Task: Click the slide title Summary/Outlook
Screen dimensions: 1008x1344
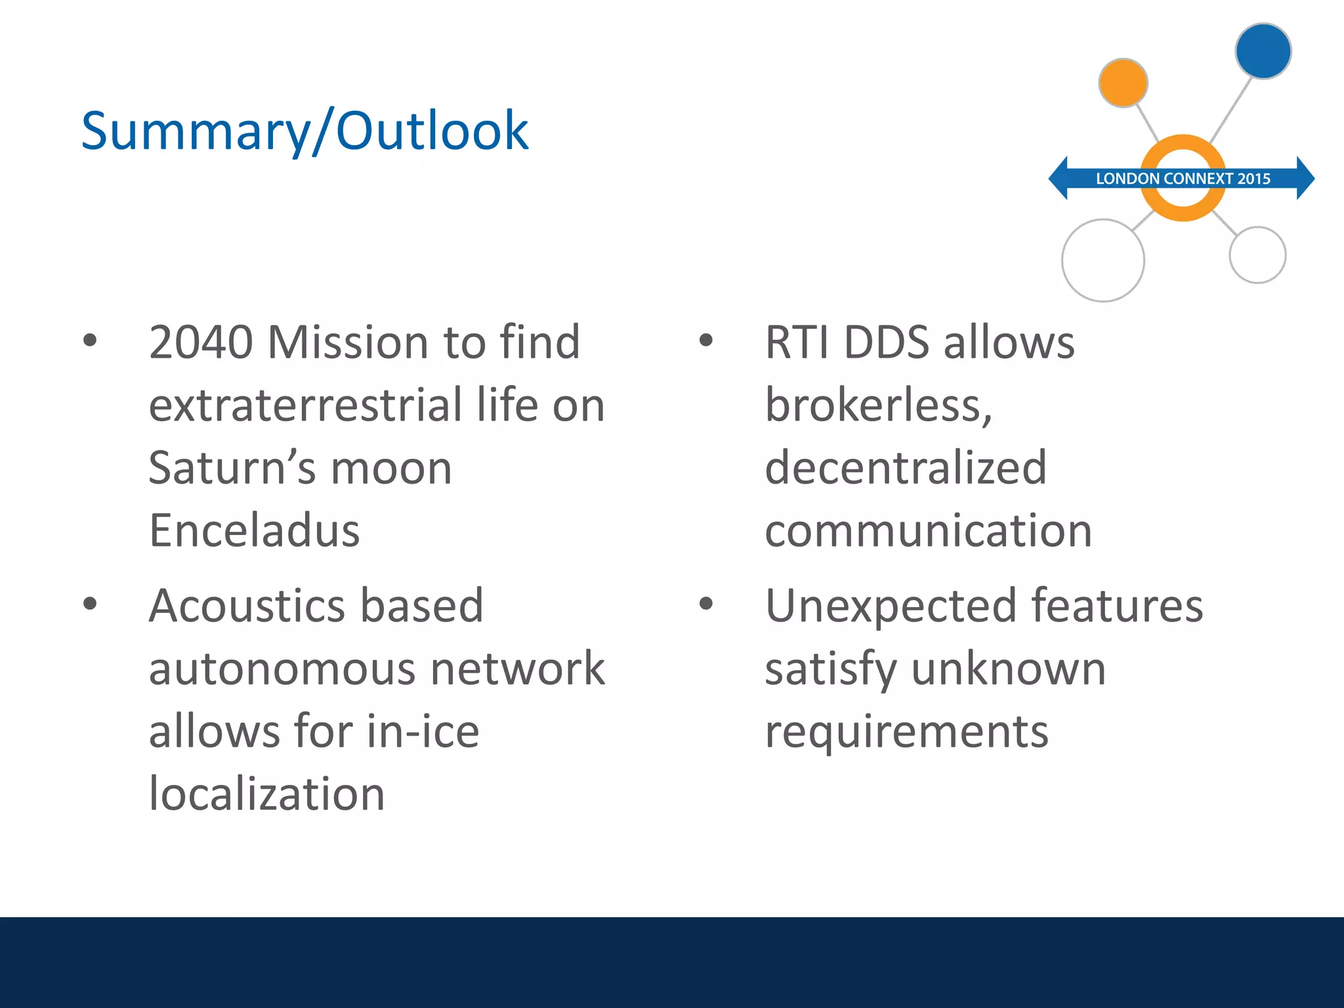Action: pyautogui.click(x=304, y=131)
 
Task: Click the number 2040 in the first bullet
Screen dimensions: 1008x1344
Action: pyautogui.click(x=201, y=343)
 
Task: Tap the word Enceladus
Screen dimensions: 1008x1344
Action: pyautogui.click(x=255, y=530)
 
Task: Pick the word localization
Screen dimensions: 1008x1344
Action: pyautogui.click(x=266, y=793)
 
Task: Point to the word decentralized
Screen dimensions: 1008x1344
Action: pyautogui.click(x=906, y=468)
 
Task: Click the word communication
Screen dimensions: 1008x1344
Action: pyautogui.click(x=929, y=530)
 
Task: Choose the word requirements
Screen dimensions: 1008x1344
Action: pyautogui.click(x=907, y=732)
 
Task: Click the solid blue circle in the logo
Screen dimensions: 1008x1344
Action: pyautogui.click(x=1263, y=51)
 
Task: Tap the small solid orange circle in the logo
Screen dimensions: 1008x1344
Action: pyautogui.click(x=1123, y=83)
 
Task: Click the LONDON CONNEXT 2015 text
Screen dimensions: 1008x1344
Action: pyautogui.click(x=1183, y=178)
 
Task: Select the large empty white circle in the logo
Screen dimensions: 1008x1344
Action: pyautogui.click(x=1103, y=261)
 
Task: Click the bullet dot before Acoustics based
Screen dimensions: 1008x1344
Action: pyautogui.click(x=90, y=604)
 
